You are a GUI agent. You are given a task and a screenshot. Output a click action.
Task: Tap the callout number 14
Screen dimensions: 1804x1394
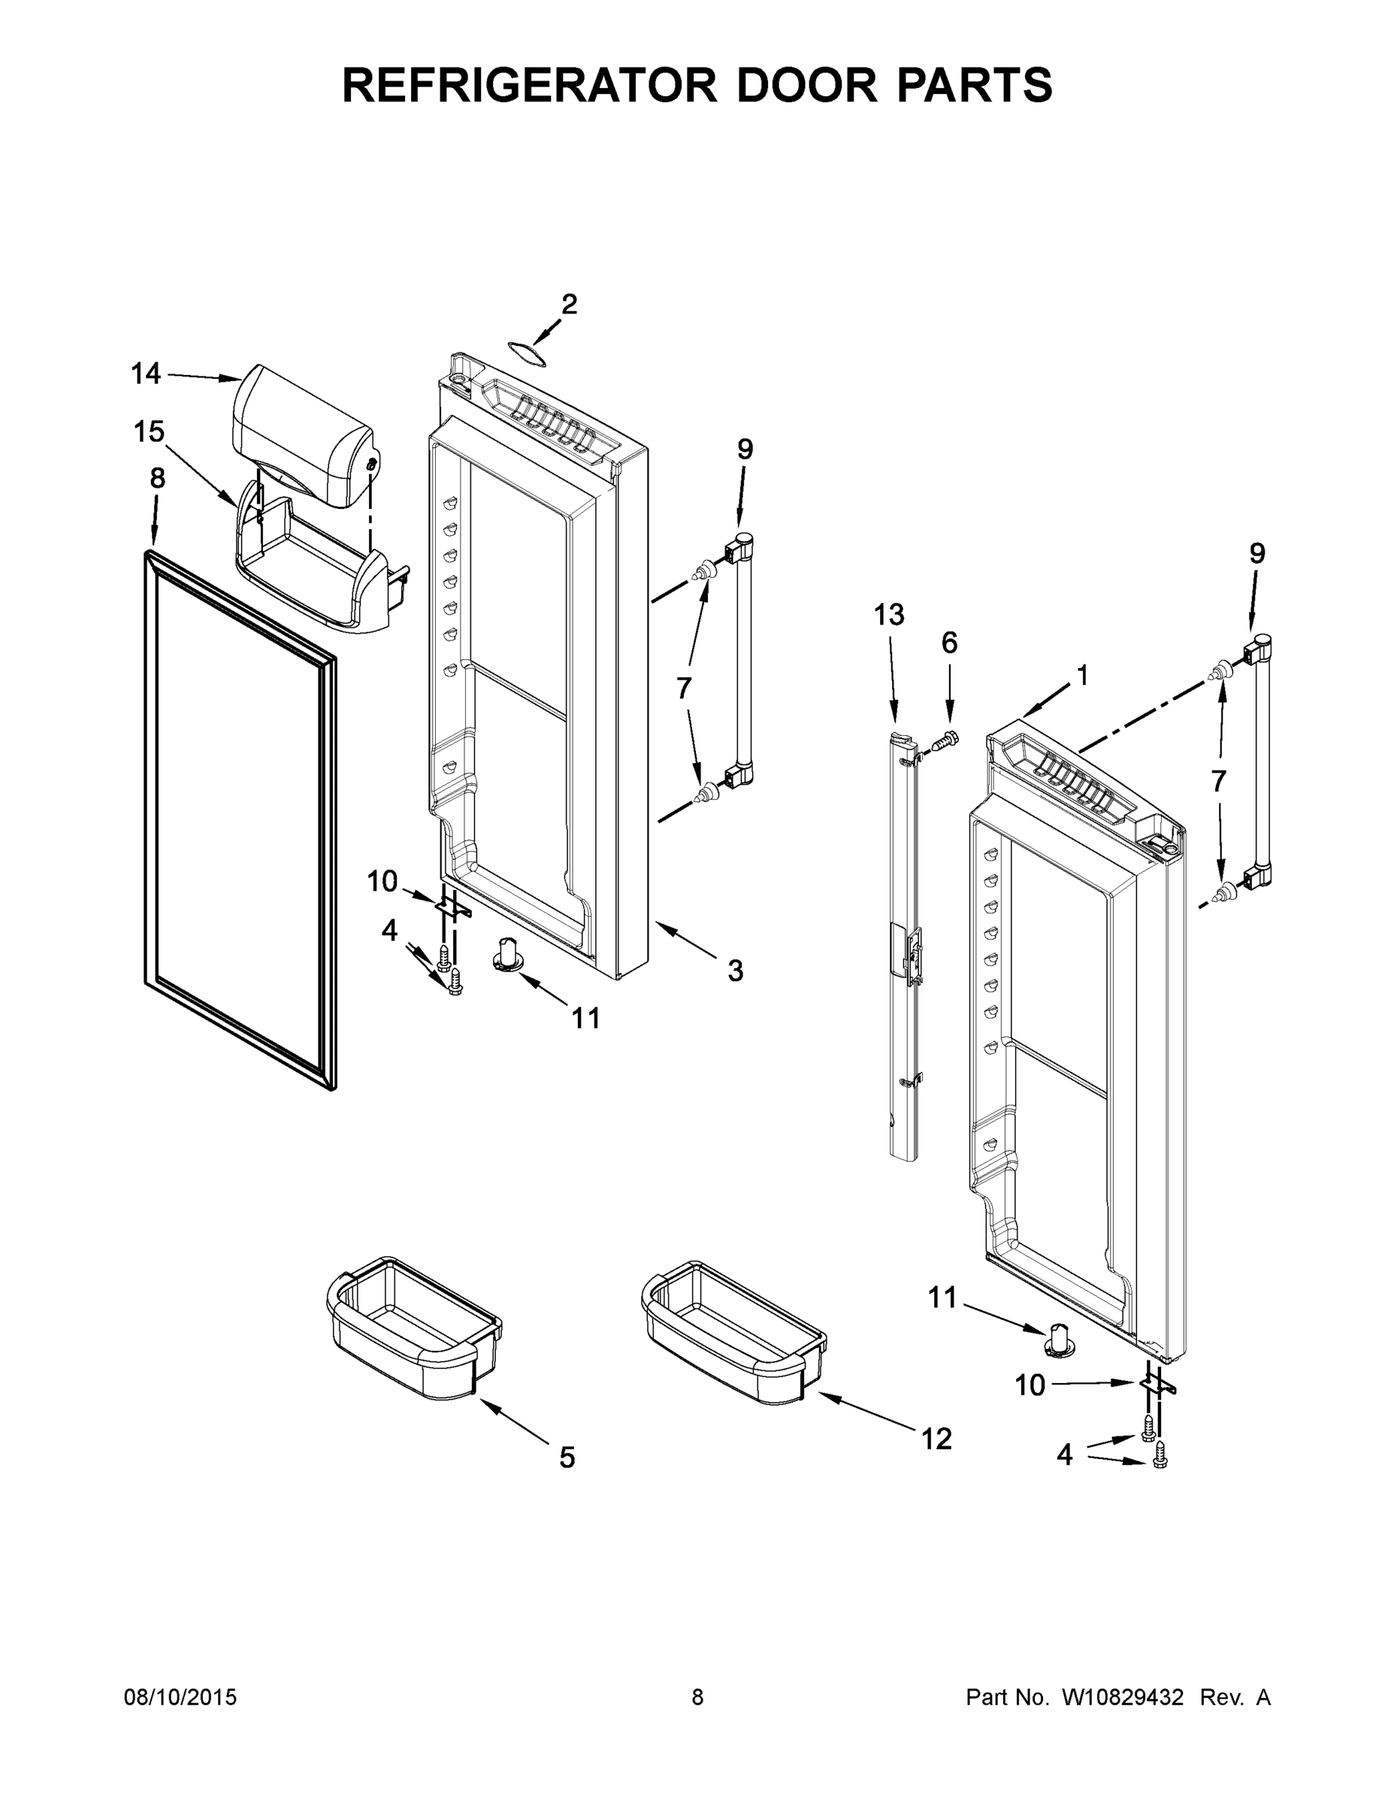(x=147, y=374)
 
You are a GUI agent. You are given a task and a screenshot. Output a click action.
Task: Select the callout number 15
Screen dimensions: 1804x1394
(x=150, y=431)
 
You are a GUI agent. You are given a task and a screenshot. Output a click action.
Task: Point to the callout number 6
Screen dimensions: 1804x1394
(x=950, y=642)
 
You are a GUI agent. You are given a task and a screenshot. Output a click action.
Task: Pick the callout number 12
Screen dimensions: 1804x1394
(x=936, y=1439)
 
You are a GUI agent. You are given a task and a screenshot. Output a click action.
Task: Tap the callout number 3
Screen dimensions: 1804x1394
(x=735, y=970)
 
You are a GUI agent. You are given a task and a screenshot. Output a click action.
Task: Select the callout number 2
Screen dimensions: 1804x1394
(x=569, y=304)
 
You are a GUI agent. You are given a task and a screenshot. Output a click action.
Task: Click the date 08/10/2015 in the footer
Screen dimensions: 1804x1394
(x=180, y=1697)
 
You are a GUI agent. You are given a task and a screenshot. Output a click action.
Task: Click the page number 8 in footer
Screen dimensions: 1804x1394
(x=697, y=1697)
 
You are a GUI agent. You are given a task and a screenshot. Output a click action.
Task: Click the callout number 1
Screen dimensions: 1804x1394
(x=1082, y=675)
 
